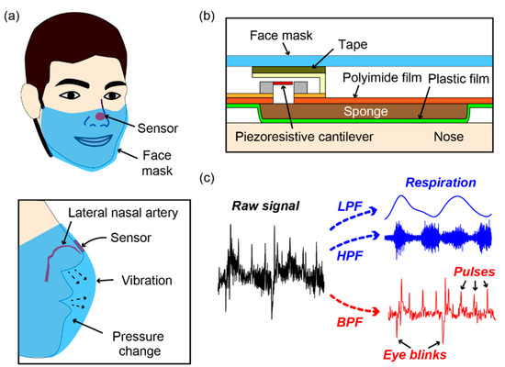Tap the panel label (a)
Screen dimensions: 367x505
tap(16, 15)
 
